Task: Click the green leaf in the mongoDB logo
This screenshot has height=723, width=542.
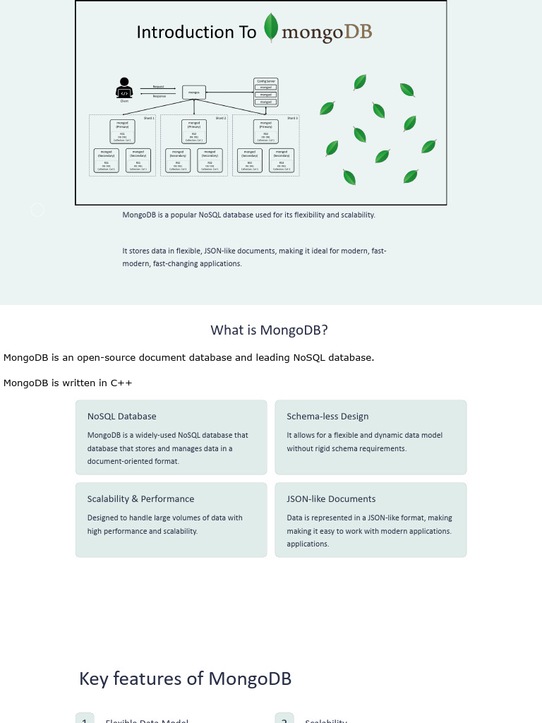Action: pyautogui.click(x=270, y=28)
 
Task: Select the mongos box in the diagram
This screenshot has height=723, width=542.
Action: pyautogui.click(x=194, y=92)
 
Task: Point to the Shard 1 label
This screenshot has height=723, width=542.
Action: pyautogui.click(x=149, y=118)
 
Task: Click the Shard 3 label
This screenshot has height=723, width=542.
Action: pyautogui.click(x=292, y=118)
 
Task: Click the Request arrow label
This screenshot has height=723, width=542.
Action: pyautogui.click(x=159, y=87)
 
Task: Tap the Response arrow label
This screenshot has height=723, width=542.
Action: pyautogui.click(x=159, y=96)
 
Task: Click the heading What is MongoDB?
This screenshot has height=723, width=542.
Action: pyautogui.click(x=270, y=330)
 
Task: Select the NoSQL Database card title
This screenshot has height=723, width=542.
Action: pyautogui.click(x=122, y=417)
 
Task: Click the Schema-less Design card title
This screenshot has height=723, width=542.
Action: pyautogui.click(x=327, y=417)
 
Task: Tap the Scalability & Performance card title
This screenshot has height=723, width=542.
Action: pyautogui.click(x=140, y=499)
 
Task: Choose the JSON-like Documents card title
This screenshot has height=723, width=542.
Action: pyautogui.click(x=331, y=499)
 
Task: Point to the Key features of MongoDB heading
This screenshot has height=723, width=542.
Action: pyautogui.click(x=186, y=679)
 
